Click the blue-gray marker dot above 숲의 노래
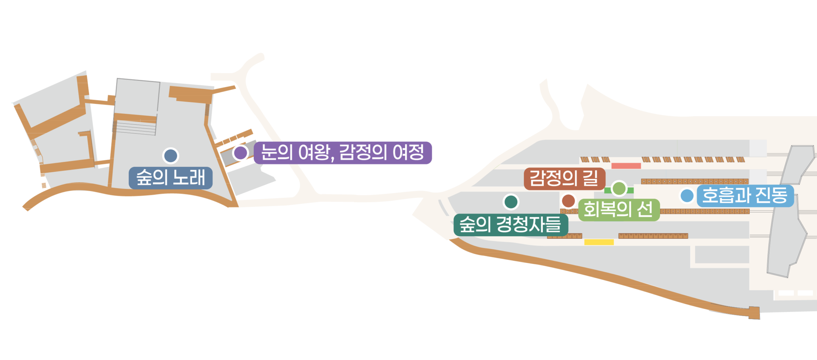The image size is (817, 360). point(171,156)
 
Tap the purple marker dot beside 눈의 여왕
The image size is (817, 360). point(241,153)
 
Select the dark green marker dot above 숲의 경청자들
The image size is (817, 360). point(511,202)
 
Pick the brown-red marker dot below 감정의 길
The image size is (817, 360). point(568,200)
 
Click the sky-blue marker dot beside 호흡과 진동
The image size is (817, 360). point(687,196)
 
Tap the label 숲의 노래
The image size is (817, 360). point(171,177)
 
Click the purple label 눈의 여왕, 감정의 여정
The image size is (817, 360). point(343,153)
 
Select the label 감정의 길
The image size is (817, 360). point(564,178)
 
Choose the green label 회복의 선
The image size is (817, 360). point(619,209)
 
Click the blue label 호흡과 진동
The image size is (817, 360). point(745,196)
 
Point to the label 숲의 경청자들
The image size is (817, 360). point(511,224)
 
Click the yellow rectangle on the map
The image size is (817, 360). point(599,242)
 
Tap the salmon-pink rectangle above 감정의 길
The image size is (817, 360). point(626,166)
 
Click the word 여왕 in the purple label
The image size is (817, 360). point(314,153)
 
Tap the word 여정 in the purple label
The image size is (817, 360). point(408,153)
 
